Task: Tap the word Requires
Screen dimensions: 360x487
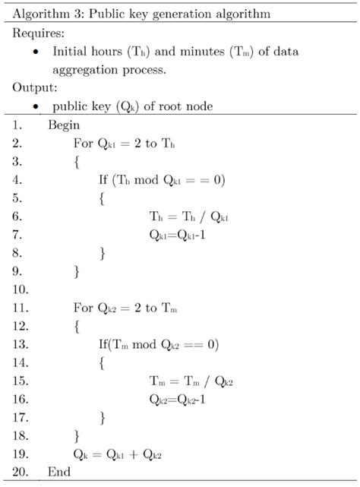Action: point(37,34)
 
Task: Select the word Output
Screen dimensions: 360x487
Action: point(33,87)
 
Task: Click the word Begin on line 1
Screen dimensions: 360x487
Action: point(64,125)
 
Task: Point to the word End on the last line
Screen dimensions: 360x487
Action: point(58,472)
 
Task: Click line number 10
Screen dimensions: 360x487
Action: point(20,289)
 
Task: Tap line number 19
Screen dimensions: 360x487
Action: point(20,454)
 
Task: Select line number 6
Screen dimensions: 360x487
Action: point(17,217)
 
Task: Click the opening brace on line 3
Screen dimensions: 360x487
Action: point(77,161)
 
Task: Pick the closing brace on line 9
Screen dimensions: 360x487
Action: point(77,270)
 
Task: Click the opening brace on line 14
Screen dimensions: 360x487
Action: point(103,362)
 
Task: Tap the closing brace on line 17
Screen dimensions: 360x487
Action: point(103,417)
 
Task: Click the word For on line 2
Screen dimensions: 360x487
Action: point(83,143)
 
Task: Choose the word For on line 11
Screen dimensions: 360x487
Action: point(83,308)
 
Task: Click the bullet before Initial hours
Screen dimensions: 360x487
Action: point(36,52)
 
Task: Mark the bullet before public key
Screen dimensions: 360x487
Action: point(36,106)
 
